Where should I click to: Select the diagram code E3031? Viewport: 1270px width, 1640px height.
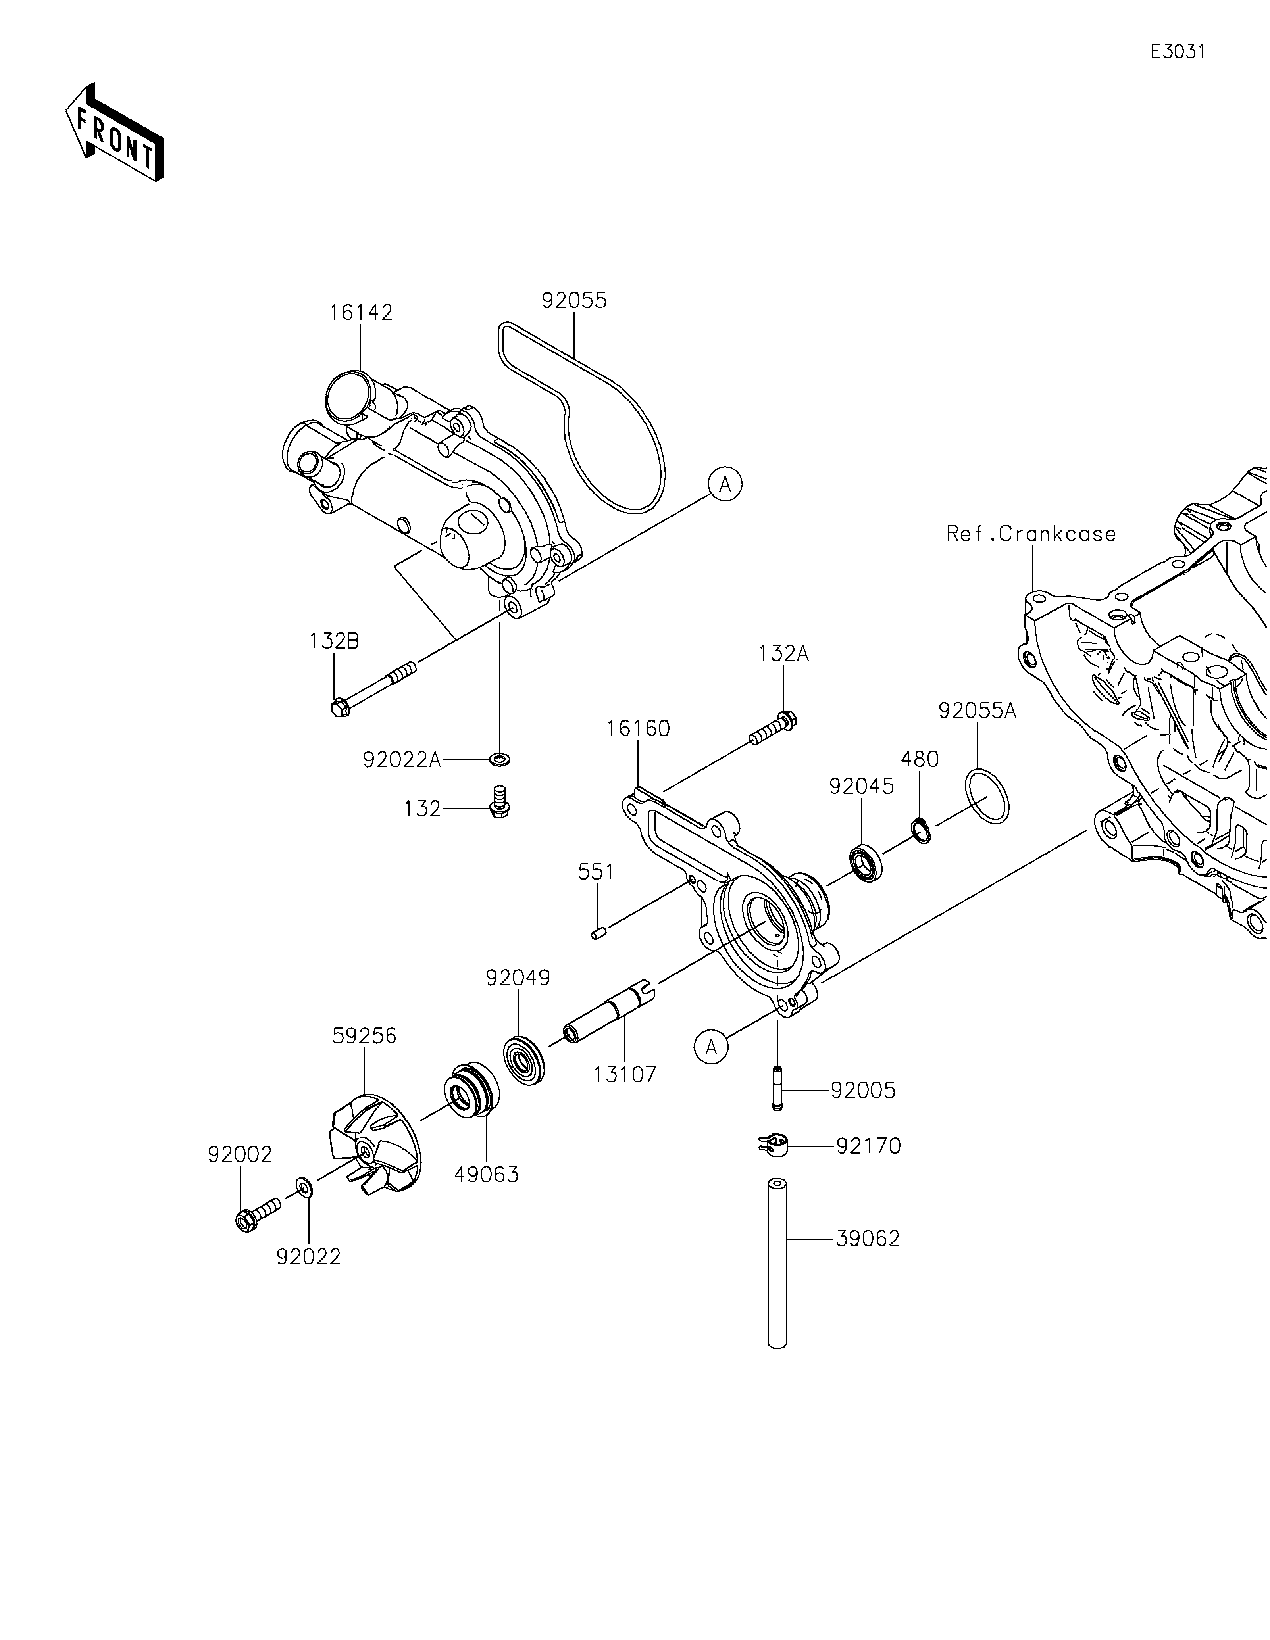(x=1178, y=52)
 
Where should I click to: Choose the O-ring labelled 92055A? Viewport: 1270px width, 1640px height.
(x=987, y=795)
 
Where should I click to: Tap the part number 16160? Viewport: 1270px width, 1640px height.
(x=639, y=728)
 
